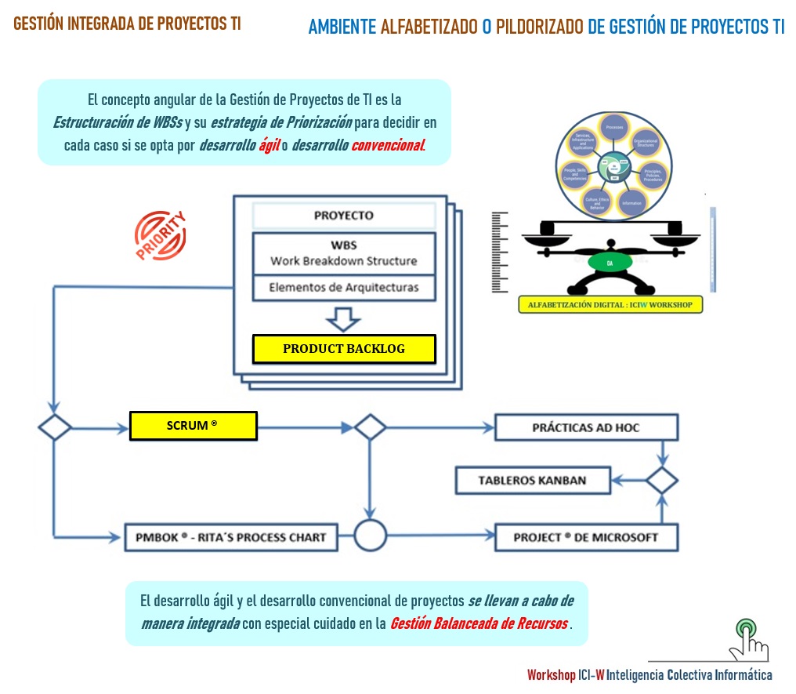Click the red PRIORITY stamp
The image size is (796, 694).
(x=161, y=234)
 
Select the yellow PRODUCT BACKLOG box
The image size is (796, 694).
(x=344, y=349)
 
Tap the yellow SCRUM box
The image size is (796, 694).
(x=193, y=426)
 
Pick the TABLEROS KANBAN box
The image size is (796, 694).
(x=533, y=480)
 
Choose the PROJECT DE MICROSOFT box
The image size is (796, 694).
(x=586, y=537)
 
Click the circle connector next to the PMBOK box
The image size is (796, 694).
(x=370, y=537)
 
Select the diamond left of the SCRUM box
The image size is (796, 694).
(x=55, y=427)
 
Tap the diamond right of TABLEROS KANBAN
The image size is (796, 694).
(x=662, y=480)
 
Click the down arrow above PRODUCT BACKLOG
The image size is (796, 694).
(x=343, y=318)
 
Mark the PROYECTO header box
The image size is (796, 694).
(x=343, y=216)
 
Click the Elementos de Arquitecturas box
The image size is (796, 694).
(x=343, y=287)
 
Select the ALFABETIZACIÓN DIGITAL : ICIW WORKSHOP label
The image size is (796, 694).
(x=610, y=304)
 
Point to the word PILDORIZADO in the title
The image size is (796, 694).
(x=540, y=27)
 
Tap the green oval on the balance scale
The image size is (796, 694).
(x=610, y=263)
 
